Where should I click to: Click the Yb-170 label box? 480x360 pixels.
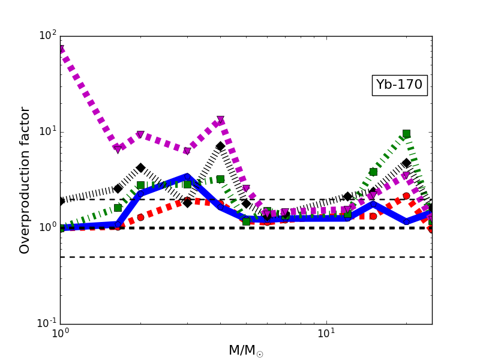click(400, 85)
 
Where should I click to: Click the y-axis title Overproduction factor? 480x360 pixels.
click(25, 180)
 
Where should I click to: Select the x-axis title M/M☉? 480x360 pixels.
click(245, 350)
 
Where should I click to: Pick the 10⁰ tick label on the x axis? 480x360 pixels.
click(60, 334)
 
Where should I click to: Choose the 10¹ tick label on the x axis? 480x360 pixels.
click(326, 334)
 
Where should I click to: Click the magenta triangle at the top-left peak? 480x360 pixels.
click(61, 49)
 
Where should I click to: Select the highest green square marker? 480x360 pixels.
click(406, 133)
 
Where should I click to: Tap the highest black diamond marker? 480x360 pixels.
click(220, 146)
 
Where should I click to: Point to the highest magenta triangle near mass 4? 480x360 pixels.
click(220, 120)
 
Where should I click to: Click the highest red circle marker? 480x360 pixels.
click(406, 196)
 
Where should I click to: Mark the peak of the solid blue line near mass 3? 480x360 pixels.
click(187, 176)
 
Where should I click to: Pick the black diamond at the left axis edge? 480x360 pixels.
click(61, 201)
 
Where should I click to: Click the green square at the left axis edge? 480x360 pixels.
click(61, 228)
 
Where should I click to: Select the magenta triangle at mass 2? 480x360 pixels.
click(140, 135)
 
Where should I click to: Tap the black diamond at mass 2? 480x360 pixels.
click(140, 168)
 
